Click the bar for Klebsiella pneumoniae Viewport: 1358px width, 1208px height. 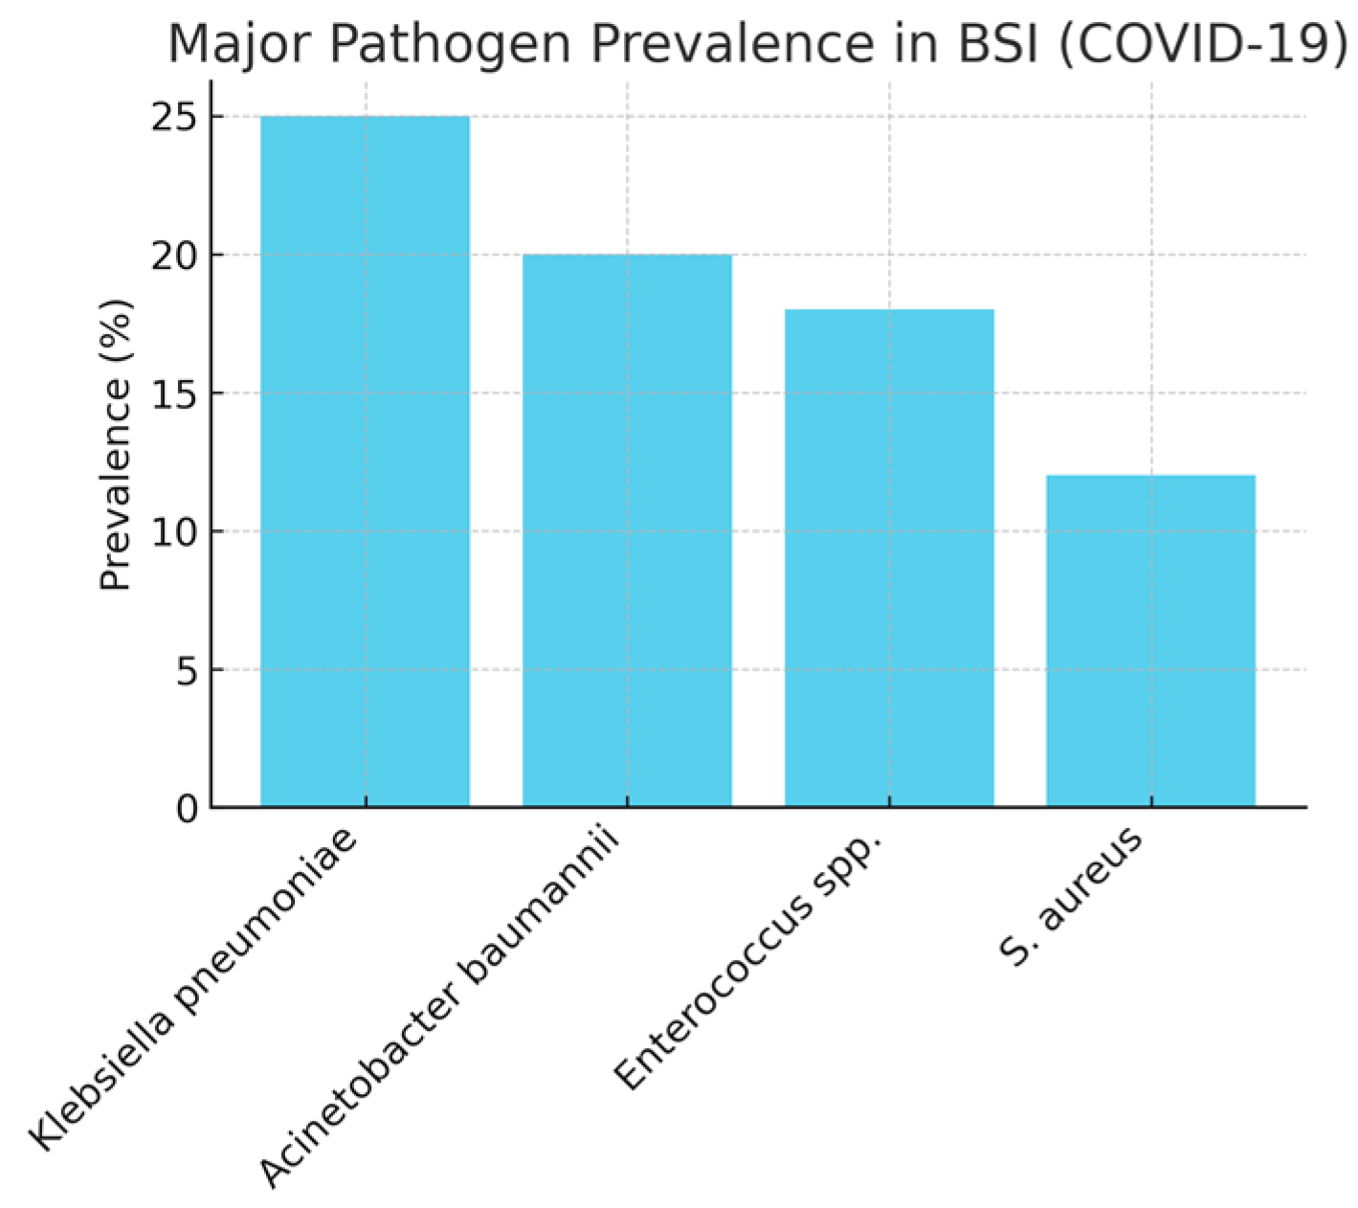[x=365, y=461]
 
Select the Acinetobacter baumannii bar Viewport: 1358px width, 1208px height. [x=627, y=530]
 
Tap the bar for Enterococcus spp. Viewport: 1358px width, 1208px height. [x=889, y=558]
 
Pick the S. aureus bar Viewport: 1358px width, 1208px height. [x=1151, y=641]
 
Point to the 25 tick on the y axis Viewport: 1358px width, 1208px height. [x=173, y=118]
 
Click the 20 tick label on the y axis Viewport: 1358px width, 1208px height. [x=173, y=257]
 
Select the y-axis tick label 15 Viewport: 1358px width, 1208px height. [x=173, y=394]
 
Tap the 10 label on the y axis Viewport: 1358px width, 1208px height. [x=173, y=532]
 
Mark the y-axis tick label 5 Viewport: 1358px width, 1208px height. [x=187, y=670]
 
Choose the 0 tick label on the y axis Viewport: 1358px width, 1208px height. [x=187, y=809]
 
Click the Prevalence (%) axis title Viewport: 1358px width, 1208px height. [x=115, y=445]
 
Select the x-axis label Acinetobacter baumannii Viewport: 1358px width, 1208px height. [x=439, y=1009]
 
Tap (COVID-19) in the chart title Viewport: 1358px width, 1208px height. [x=1203, y=44]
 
